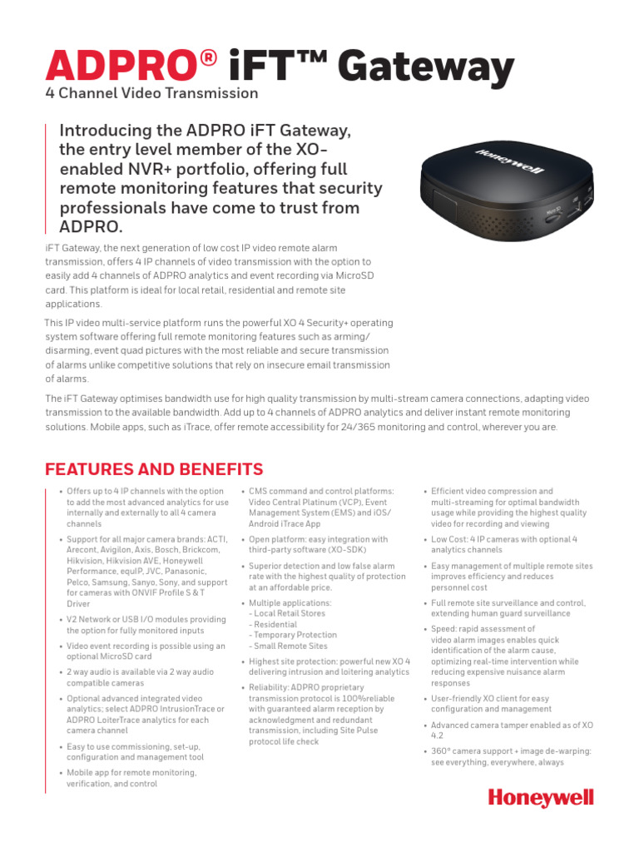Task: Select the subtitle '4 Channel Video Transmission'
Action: pyautogui.click(x=151, y=93)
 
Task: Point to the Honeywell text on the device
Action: pyautogui.click(x=509, y=161)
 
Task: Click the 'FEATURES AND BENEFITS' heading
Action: pyautogui.click(x=154, y=469)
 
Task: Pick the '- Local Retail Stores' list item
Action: pyautogui.click(x=288, y=613)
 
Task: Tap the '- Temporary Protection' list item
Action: pyautogui.click(x=293, y=635)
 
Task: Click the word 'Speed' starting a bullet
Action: pyautogui.click(x=443, y=629)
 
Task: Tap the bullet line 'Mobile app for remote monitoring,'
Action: pyautogui.click(x=131, y=772)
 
